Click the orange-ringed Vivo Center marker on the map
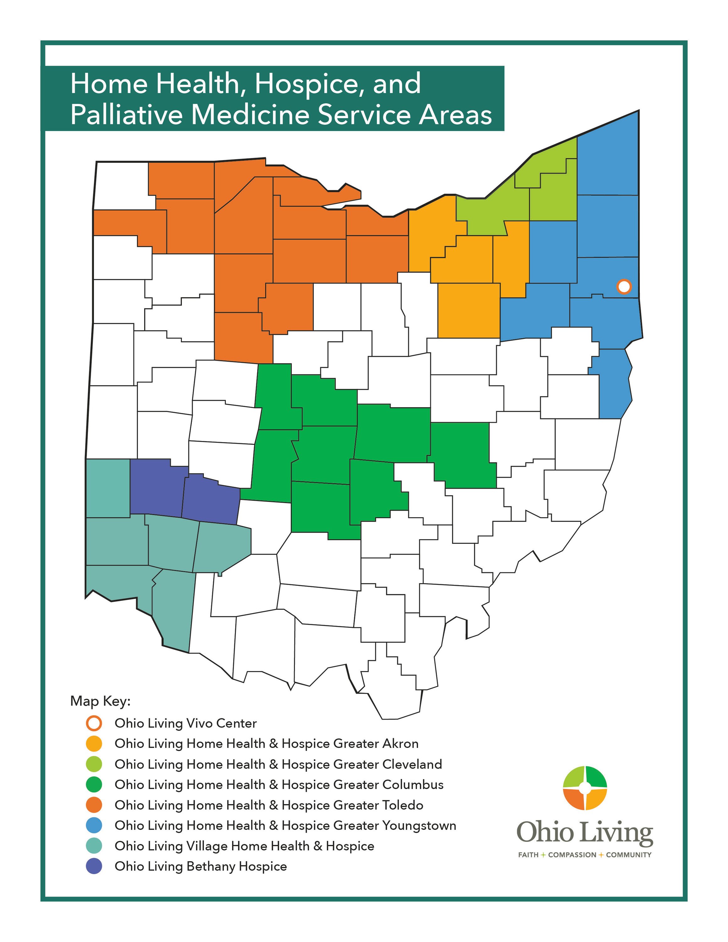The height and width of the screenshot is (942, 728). (x=624, y=286)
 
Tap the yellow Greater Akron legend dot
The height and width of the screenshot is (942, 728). (x=94, y=743)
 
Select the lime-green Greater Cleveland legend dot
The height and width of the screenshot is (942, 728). (x=94, y=764)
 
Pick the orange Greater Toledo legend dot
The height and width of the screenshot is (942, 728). (x=94, y=805)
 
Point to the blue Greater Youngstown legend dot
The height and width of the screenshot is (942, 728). (x=94, y=825)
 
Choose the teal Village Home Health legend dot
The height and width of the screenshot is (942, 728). (x=94, y=846)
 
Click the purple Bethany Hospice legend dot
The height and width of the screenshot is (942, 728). (x=94, y=866)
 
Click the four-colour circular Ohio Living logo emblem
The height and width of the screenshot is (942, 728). (x=585, y=788)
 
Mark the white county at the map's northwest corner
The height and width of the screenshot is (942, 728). (x=121, y=185)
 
